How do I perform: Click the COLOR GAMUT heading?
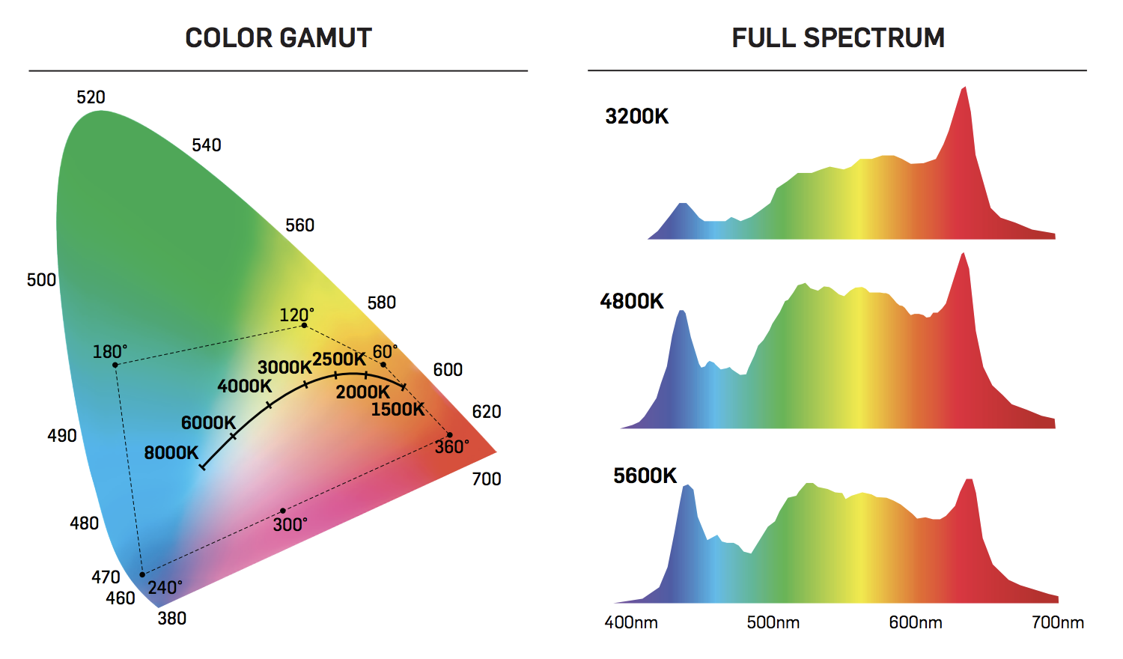pyautogui.click(x=279, y=38)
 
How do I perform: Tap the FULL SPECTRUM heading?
pyautogui.click(x=838, y=38)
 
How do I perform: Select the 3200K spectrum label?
pyautogui.click(x=637, y=117)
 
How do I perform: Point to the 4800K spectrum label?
pyautogui.click(x=632, y=302)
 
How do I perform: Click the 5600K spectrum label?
pyautogui.click(x=645, y=476)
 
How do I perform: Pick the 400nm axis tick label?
pyautogui.click(x=631, y=623)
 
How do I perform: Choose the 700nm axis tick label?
pyautogui.click(x=1058, y=623)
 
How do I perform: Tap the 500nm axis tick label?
pyautogui.click(x=773, y=623)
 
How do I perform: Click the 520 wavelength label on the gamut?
pyautogui.click(x=91, y=97)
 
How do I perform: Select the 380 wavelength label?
pyautogui.click(x=172, y=619)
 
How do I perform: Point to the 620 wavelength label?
pyautogui.click(x=487, y=412)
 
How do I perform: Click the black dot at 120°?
pyautogui.click(x=304, y=326)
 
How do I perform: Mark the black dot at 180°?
pyautogui.click(x=115, y=365)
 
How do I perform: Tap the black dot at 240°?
pyautogui.click(x=142, y=575)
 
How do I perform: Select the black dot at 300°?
pyautogui.click(x=282, y=511)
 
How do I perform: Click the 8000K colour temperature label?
pyautogui.click(x=171, y=453)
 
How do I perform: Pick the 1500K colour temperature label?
pyautogui.click(x=398, y=410)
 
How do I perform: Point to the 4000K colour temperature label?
pyautogui.click(x=245, y=386)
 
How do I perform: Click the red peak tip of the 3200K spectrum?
pyautogui.click(x=964, y=88)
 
